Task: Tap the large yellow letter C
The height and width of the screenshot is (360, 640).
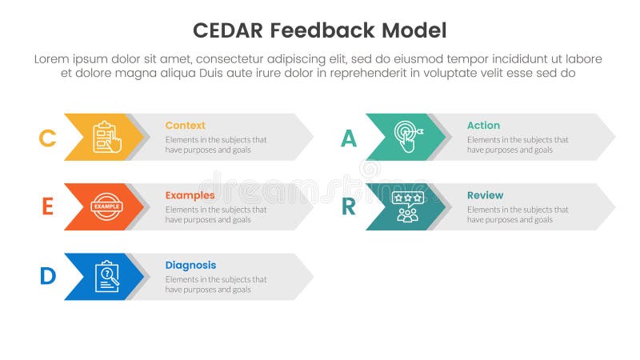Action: [x=47, y=138]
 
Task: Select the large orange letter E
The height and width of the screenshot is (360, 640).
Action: [x=47, y=207]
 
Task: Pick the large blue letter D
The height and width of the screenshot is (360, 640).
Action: [x=48, y=277]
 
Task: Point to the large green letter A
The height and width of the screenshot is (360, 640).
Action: [x=349, y=138]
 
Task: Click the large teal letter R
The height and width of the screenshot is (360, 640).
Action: [x=349, y=207]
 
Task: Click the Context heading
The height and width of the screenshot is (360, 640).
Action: [x=185, y=126]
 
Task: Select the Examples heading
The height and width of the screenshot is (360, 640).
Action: [x=190, y=195]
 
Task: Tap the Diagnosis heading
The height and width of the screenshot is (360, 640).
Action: [x=190, y=265]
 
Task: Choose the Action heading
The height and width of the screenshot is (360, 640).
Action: [x=483, y=126]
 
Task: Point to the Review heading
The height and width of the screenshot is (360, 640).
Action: [x=485, y=195]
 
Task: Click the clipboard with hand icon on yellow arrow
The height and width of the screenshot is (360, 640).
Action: [x=107, y=137]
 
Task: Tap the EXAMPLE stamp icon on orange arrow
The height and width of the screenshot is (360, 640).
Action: [x=106, y=206]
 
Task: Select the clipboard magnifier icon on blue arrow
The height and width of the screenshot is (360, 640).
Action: [x=107, y=277]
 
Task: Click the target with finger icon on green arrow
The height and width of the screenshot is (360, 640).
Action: [x=408, y=137]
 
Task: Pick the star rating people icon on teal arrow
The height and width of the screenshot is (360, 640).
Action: [x=407, y=206]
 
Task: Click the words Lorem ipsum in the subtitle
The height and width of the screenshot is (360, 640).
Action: [x=68, y=59]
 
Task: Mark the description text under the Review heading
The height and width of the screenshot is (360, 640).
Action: [x=518, y=214]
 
